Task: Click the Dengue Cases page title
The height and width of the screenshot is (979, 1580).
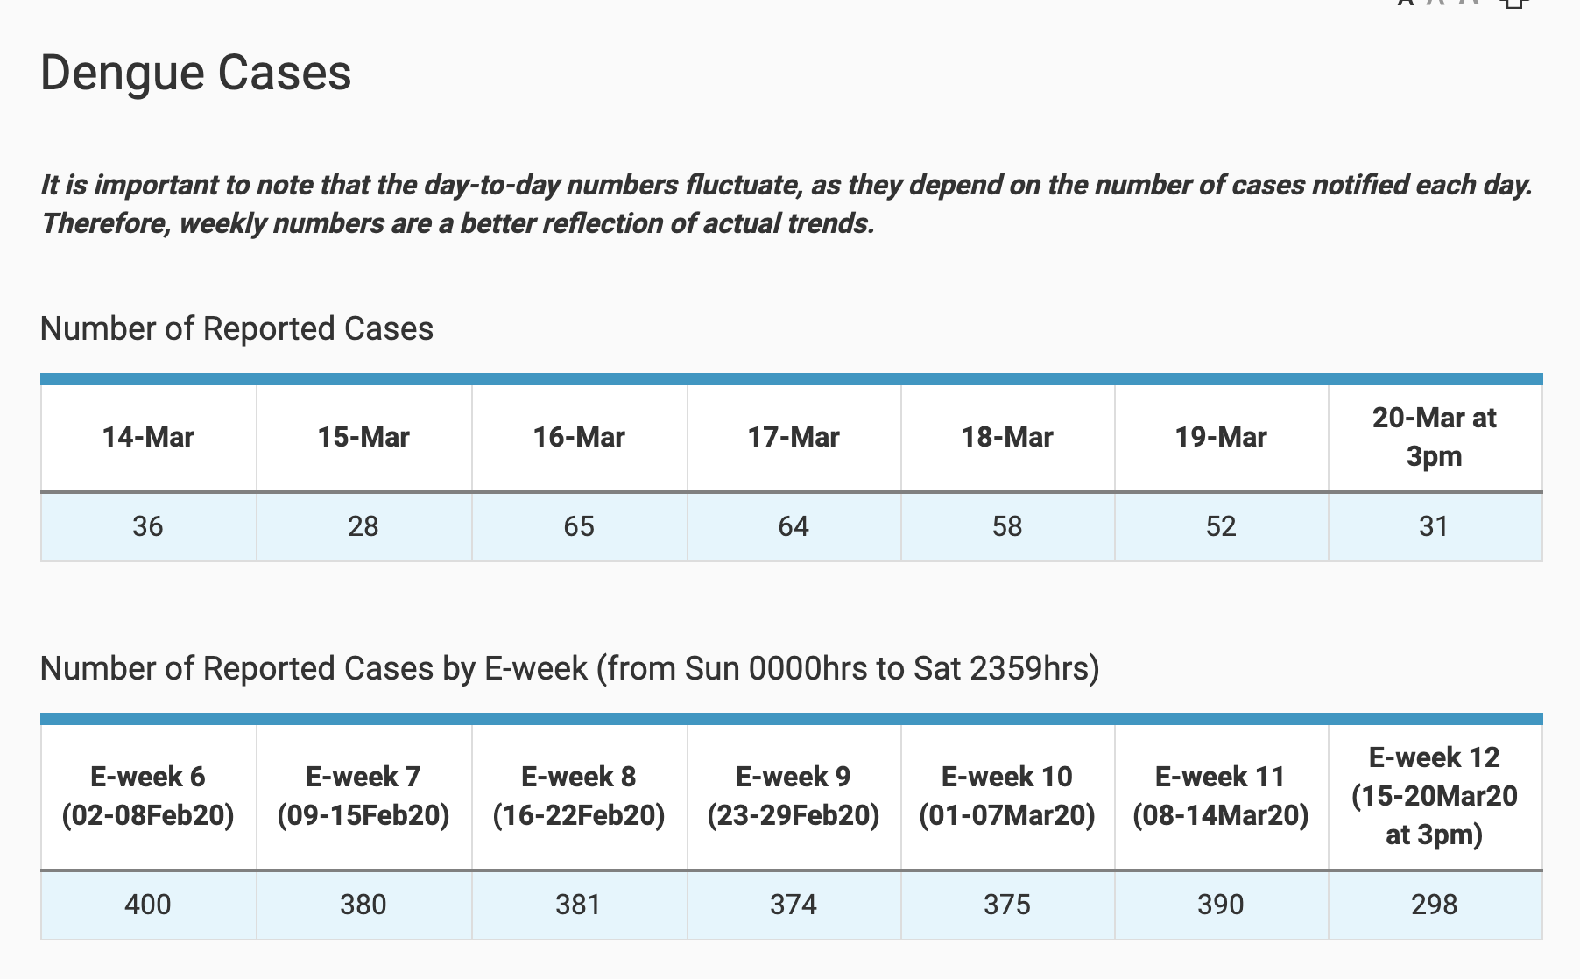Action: tap(195, 73)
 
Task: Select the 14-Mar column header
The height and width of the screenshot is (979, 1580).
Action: tap(148, 437)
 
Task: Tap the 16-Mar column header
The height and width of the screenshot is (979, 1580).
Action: tap(579, 437)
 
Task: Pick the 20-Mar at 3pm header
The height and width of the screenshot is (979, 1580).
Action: tap(1434, 437)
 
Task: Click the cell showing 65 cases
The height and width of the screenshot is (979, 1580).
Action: tap(579, 526)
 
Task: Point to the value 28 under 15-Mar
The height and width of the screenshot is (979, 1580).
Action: tap(363, 526)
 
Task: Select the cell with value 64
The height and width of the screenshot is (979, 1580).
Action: tap(794, 526)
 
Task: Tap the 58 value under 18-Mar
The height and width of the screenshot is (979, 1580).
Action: tap(1007, 526)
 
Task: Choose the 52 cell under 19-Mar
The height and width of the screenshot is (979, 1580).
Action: tap(1221, 526)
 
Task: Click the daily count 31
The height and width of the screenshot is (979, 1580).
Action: tap(1434, 526)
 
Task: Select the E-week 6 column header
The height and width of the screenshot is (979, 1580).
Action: tap(148, 796)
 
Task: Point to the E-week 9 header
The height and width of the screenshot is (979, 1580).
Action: tap(794, 796)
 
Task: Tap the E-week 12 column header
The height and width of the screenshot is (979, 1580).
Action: tap(1434, 796)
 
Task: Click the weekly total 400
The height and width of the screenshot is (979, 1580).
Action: tap(148, 905)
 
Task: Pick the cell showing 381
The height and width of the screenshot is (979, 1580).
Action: tap(579, 905)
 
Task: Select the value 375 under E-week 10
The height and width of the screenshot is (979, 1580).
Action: tap(1007, 905)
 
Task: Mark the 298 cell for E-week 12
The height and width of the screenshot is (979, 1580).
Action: tap(1434, 905)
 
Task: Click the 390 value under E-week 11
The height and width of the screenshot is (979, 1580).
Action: tap(1221, 905)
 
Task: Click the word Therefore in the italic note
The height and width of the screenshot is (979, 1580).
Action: tap(105, 224)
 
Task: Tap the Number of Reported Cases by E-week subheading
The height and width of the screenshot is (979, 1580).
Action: tap(569, 669)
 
